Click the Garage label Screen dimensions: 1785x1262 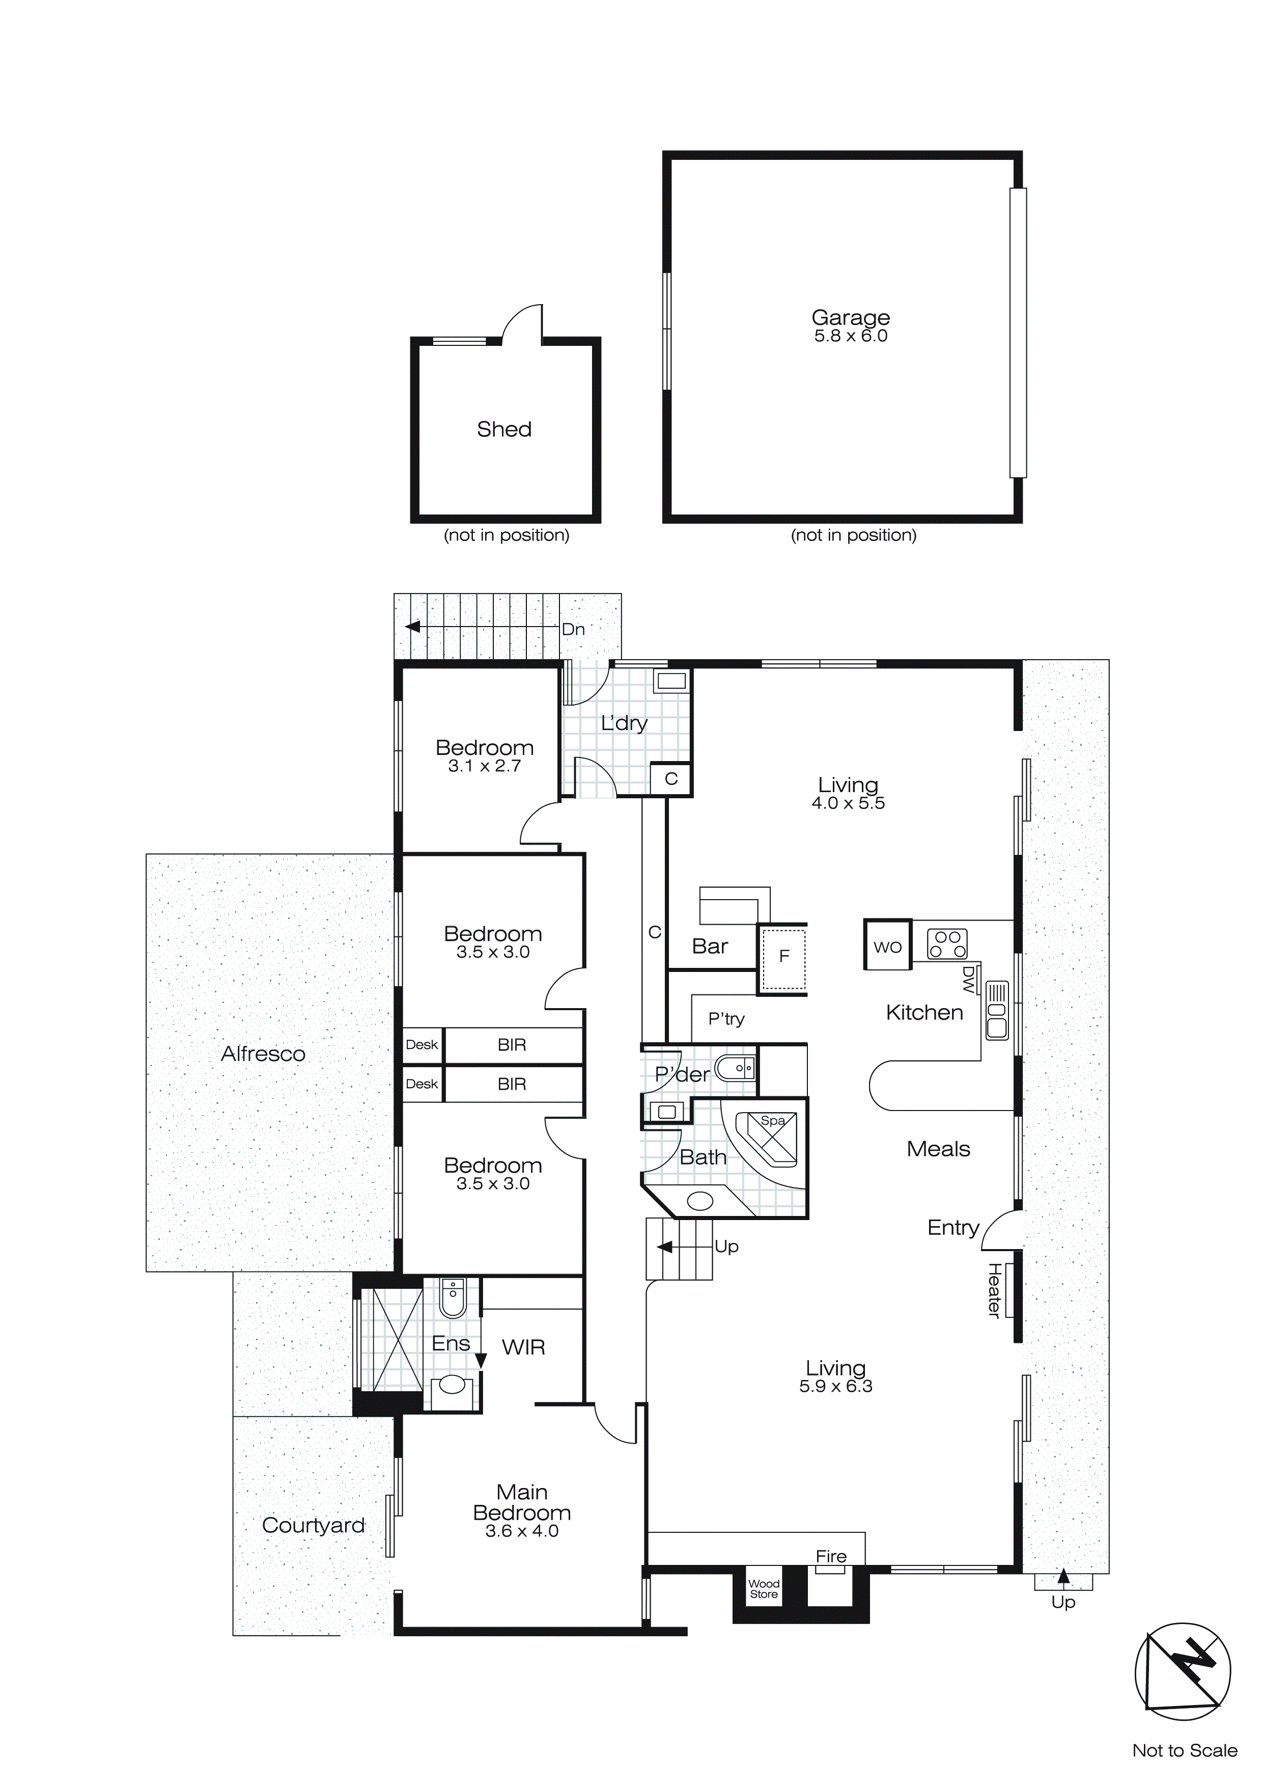[x=850, y=317]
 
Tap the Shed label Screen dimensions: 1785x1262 [x=503, y=429]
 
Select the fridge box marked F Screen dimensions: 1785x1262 [x=783, y=956]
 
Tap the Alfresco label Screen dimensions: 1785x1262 [x=263, y=1053]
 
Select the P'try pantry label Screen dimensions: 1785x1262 [x=726, y=1018]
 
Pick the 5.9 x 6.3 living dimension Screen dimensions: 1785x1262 [x=835, y=1386]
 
